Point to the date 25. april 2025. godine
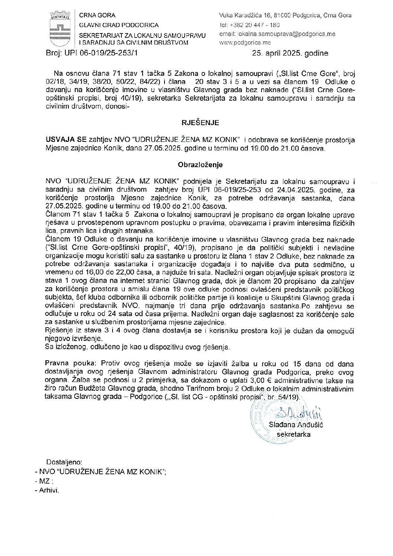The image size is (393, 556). [290, 53]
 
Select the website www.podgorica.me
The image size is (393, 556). [245, 43]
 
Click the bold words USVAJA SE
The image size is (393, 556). [65, 140]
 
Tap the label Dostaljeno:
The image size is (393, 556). [64, 462]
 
